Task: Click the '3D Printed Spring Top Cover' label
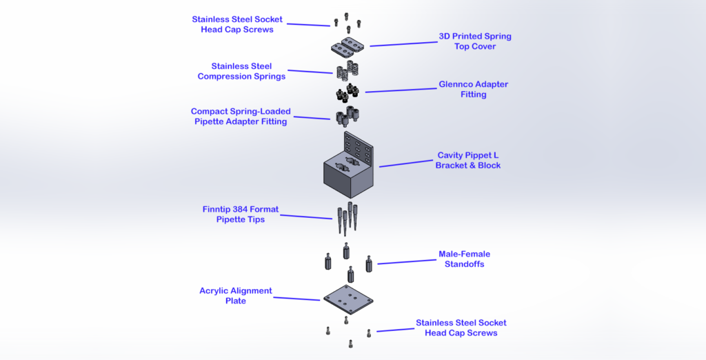[475, 41]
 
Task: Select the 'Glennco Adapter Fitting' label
[473, 90]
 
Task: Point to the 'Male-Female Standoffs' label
[464, 259]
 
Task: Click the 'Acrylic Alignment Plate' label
[236, 296]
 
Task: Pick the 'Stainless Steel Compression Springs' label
[241, 71]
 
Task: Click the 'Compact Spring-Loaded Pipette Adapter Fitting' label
[241, 117]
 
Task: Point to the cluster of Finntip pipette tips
[347, 217]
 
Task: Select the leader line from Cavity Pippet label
[406, 163]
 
